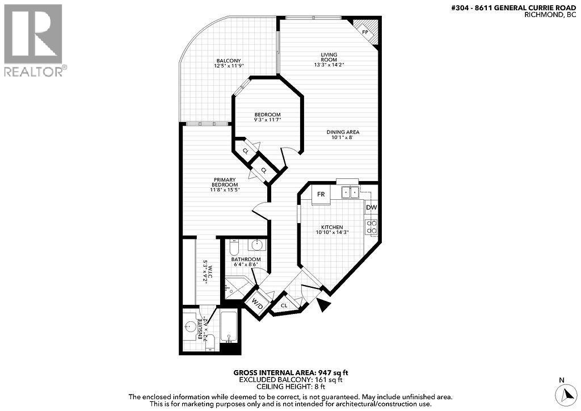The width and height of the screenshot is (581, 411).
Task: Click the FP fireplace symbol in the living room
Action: tap(365, 31)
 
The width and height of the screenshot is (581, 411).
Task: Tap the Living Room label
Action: tap(329, 57)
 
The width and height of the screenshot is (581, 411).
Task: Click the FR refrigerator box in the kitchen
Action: tap(321, 194)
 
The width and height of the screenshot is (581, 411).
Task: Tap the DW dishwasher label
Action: tap(371, 208)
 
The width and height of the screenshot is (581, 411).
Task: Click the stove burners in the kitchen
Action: tap(372, 227)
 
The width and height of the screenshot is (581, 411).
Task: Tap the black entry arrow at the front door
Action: tap(324, 305)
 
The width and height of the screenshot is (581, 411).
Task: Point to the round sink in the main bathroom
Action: tap(258, 245)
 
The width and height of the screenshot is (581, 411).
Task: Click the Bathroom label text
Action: tap(246, 259)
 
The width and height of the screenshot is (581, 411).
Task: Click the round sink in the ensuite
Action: tap(190, 326)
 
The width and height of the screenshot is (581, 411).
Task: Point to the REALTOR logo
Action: tap(33, 40)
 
